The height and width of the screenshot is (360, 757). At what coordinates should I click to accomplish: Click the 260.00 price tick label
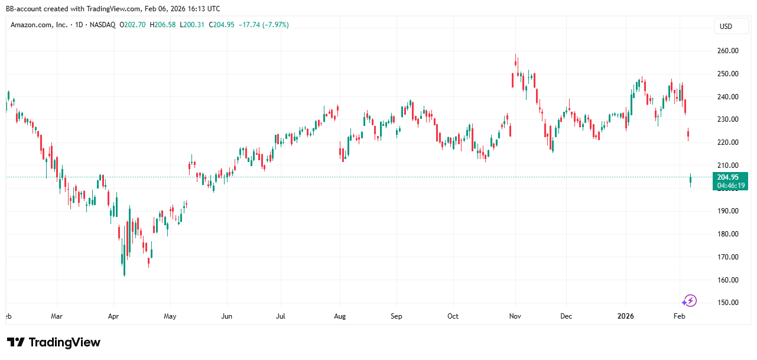click(728, 51)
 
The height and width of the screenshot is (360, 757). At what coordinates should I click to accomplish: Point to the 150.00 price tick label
click(728, 303)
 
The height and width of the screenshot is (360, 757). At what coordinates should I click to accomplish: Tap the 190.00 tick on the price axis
click(728, 211)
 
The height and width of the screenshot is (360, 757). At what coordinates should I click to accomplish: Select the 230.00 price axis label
click(728, 119)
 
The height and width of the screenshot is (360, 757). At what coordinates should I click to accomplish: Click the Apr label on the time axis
click(113, 316)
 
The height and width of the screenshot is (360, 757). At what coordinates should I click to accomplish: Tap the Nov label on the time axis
click(515, 316)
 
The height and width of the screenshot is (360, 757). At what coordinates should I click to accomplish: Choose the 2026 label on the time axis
click(625, 316)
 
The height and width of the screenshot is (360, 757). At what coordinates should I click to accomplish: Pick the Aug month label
click(339, 316)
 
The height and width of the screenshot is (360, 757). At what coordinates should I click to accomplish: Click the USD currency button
click(725, 26)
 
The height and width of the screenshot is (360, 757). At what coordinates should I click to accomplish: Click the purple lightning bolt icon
click(690, 301)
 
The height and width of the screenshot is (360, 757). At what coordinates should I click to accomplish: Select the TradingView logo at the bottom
click(54, 342)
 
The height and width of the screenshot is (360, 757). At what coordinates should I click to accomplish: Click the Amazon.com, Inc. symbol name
click(38, 25)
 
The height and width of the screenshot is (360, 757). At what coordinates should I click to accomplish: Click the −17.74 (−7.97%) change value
click(262, 25)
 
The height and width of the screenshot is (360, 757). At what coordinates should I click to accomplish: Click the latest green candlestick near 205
click(690, 180)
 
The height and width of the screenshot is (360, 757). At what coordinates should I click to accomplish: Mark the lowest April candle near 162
click(124, 267)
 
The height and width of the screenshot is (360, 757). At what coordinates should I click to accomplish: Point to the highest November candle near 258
click(516, 62)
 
